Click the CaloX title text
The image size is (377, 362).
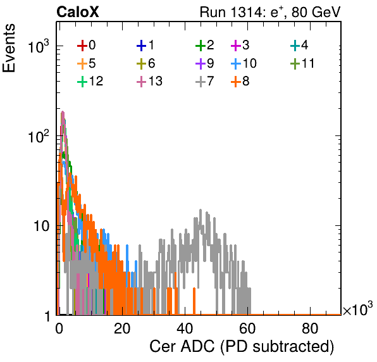pos(78,12)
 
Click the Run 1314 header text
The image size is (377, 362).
pos(270,12)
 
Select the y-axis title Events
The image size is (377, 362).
pos(9,48)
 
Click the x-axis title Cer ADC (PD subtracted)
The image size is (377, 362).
pos(242,346)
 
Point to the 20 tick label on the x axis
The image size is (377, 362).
pos(122,328)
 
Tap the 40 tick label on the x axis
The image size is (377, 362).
pos(185,328)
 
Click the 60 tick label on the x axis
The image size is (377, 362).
pos(247,328)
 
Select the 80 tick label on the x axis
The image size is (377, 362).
pos(310,328)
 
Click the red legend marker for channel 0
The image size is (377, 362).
pos(82,46)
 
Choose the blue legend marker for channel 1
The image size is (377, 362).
pos(142,46)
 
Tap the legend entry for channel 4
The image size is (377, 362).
pos(299,46)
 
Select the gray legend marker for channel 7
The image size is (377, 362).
pos(201,82)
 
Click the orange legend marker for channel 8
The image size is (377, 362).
pos(236,82)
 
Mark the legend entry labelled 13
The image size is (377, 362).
pos(149,82)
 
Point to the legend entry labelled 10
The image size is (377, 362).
pos(244,63)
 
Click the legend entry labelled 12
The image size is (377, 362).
pos(90,82)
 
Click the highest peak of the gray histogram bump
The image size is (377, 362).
pos(201,210)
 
